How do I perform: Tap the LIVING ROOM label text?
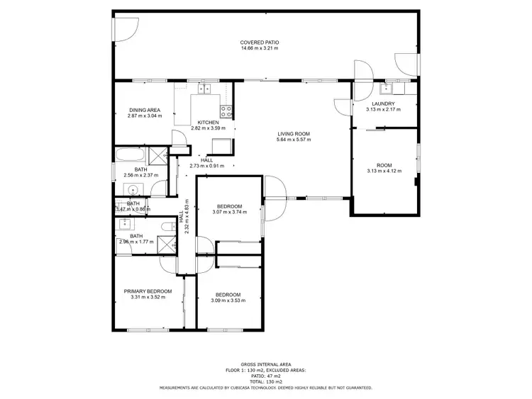(x=293, y=133)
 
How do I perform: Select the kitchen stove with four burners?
(x=226, y=111)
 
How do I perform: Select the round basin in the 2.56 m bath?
(x=133, y=189)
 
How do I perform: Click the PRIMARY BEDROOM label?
(x=148, y=291)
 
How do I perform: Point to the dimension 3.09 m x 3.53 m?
(x=228, y=300)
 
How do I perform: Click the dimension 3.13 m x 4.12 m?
(x=384, y=171)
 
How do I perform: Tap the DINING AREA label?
(x=145, y=110)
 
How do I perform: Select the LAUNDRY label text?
(x=383, y=103)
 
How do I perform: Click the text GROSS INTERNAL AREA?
(x=265, y=362)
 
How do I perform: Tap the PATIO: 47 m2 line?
(x=265, y=376)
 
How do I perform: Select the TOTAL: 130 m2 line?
(x=265, y=382)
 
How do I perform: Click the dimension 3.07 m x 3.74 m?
(x=228, y=212)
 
